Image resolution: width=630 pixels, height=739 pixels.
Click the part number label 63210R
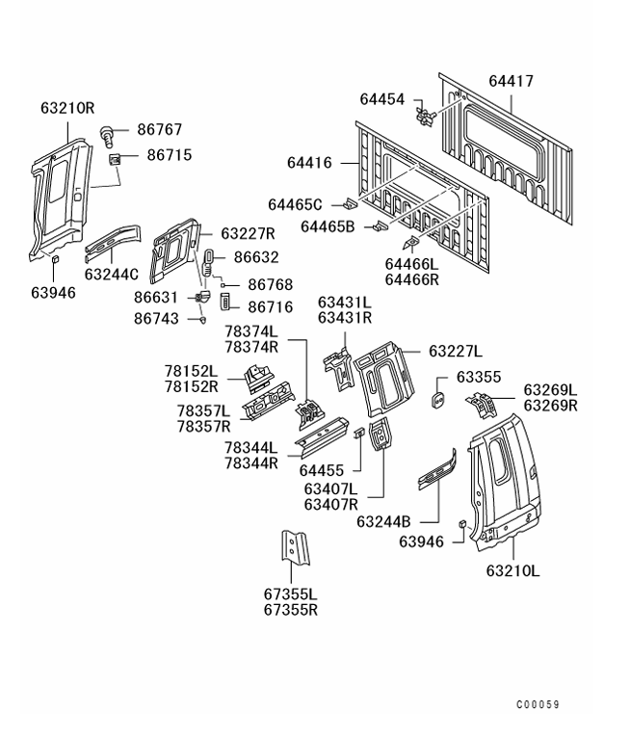point(67,108)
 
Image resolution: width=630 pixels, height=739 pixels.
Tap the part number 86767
point(159,128)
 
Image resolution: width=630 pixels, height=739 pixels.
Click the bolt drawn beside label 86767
point(109,131)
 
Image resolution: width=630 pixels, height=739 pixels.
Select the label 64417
point(511,82)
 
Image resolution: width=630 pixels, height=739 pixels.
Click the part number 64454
point(383,99)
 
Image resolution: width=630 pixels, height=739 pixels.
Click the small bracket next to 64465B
point(381,227)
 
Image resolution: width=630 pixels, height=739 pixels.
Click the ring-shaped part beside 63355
point(435,397)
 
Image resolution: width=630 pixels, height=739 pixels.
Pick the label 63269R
point(550,406)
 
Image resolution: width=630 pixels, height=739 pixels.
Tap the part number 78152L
point(191,371)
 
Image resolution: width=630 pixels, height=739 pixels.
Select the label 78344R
point(250,462)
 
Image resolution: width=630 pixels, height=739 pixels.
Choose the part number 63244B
point(385,521)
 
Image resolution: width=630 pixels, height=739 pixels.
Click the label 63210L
point(512,570)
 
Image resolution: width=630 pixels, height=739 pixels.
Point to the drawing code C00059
point(538,704)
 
